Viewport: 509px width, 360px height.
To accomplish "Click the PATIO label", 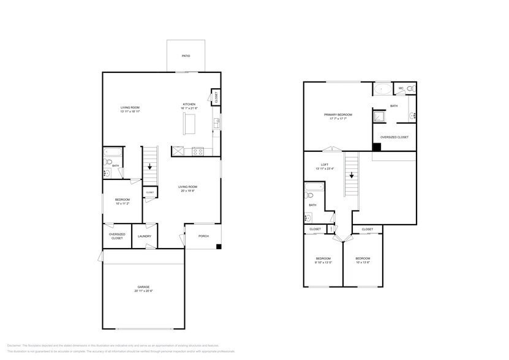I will pos(186,56).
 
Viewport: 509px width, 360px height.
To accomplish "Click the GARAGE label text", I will pos(143,287).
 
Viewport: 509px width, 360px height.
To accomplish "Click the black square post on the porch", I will pos(219,247).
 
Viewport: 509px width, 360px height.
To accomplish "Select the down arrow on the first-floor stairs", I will pos(150,166).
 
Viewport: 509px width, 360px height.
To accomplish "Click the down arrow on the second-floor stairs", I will pos(352,175).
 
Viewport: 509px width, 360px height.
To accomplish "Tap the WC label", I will pos(401,88).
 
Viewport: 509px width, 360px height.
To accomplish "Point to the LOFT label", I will pos(325,164).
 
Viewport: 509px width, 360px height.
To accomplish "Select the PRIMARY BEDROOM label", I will pos(339,114).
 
